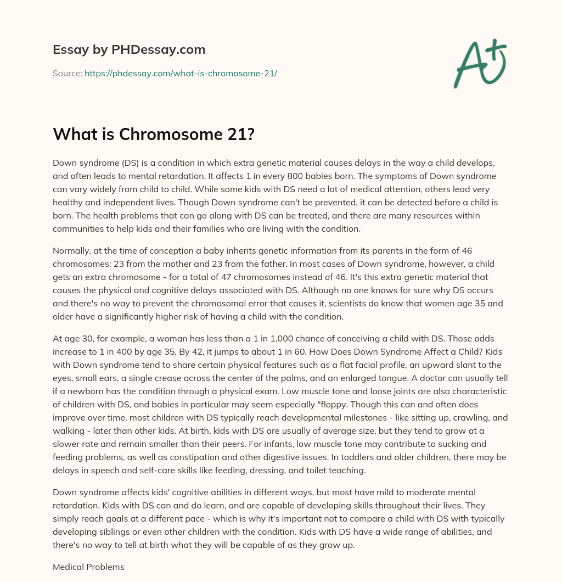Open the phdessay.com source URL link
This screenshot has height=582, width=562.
(x=181, y=73)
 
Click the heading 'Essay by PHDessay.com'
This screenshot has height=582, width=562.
(x=129, y=50)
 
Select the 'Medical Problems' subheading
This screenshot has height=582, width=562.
(x=88, y=567)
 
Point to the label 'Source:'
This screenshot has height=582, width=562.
(x=67, y=73)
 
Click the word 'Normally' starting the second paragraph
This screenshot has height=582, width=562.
(x=71, y=251)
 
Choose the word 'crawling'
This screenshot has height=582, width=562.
(x=446, y=418)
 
